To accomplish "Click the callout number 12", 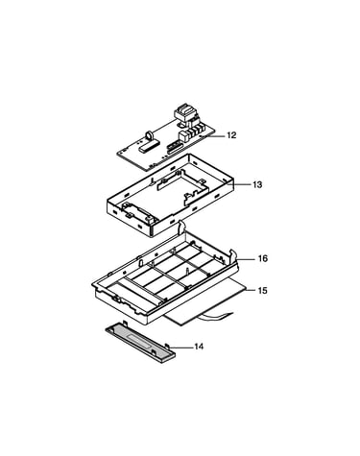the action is [x=231, y=135].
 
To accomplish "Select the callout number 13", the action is [x=257, y=184].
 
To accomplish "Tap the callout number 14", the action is [x=199, y=347].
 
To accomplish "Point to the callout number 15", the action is [x=262, y=291].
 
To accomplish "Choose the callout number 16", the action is [x=263, y=258].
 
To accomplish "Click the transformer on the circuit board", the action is [x=184, y=114].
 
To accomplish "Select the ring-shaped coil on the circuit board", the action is [x=150, y=135].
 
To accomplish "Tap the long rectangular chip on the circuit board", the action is [x=148, y=146].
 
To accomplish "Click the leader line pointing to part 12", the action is [x=213, y=136].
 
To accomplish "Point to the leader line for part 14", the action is [x=180, y=347].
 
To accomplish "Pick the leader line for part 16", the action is [x=248, y=259].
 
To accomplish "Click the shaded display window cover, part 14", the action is [x=140, y=342].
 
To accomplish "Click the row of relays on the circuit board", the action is [x=196, y=131].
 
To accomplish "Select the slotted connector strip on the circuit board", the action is [x=175, y=148].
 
